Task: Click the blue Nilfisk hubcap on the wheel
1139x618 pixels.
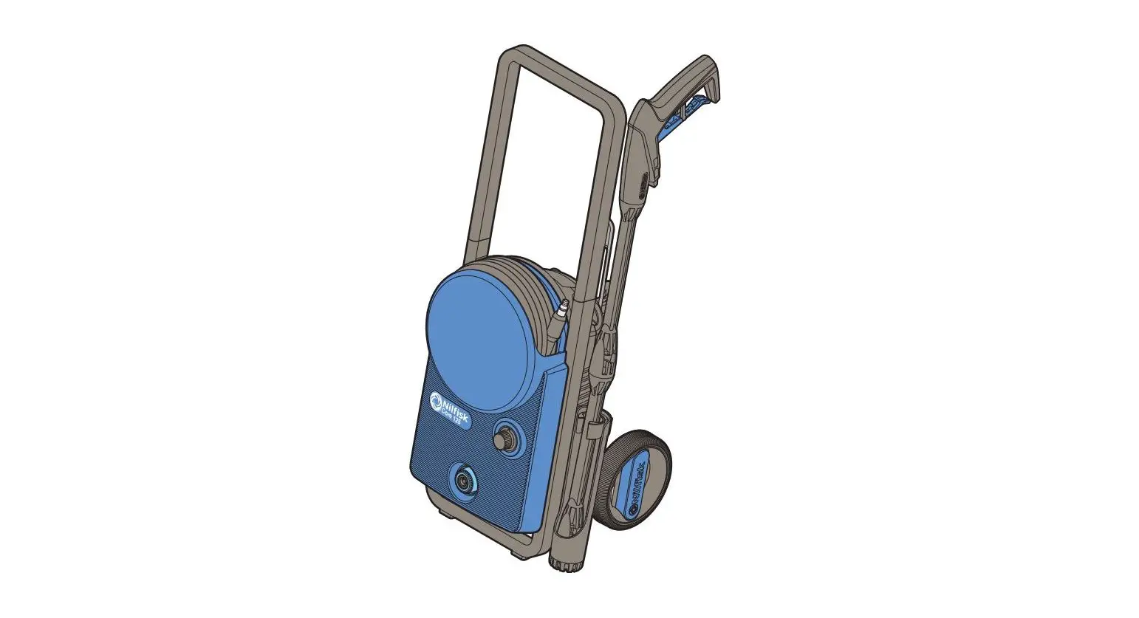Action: tap(637, 484)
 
